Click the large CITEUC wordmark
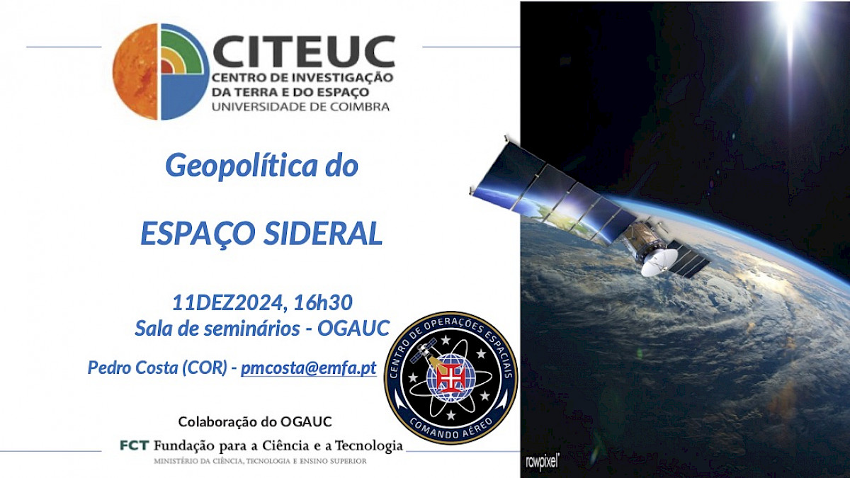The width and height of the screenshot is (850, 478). point(304,51)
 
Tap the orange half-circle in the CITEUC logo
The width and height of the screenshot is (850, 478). point(135,72)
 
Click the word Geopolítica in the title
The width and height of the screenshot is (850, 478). point(242,166)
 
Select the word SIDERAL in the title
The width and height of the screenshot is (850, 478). point(323,233)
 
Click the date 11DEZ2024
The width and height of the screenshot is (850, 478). point(227,303)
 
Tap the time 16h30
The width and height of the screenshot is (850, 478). point(323,302)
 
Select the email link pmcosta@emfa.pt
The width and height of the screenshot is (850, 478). point(309,368)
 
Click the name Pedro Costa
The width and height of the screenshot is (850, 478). point(133,368)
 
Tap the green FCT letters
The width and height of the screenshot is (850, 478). point(135,445)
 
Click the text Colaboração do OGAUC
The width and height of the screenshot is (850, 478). point(255,421)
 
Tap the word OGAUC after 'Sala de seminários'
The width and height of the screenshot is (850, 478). point(353,328)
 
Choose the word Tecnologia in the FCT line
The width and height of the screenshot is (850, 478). point(368,446)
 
